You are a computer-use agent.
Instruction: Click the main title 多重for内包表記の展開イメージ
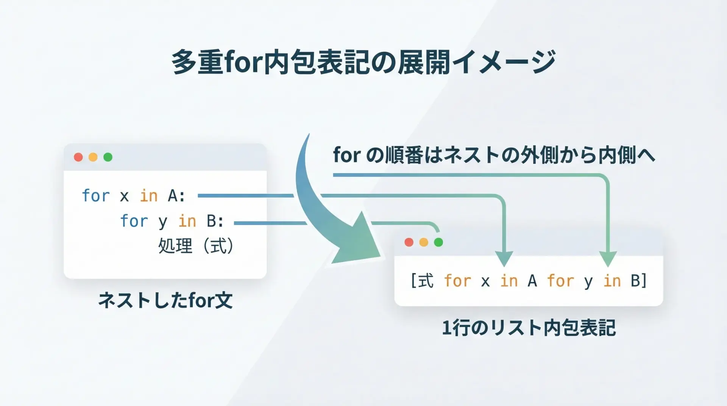(x=363, y=62)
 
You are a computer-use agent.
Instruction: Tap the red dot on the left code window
(x=78, y=157)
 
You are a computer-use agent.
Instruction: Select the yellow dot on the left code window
(x=93, y=157)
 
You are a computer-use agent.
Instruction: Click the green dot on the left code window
(x=108, y=157)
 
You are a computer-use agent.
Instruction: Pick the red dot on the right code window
(x=409, y=242)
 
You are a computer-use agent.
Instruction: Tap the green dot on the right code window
(x=438, y=242)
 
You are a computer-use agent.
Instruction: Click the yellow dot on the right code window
(x=424, y=242)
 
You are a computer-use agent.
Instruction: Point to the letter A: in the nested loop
(x=176, y=196)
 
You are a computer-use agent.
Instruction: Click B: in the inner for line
(x=215, y=221)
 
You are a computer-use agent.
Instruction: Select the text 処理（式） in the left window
(x=196, y=246)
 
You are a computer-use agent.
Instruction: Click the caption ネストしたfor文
(x=165, y=301)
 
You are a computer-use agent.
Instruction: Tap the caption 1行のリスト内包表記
(x=529, y=328)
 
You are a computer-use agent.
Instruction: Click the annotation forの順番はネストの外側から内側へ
(x=494, y=156)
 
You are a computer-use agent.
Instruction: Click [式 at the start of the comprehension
(x=422, y=281)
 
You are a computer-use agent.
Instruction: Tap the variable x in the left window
(x=125, y=197)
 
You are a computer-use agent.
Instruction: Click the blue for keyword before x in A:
(x=96, y=196)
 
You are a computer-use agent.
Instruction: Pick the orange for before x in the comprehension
(x=458, y=281)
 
